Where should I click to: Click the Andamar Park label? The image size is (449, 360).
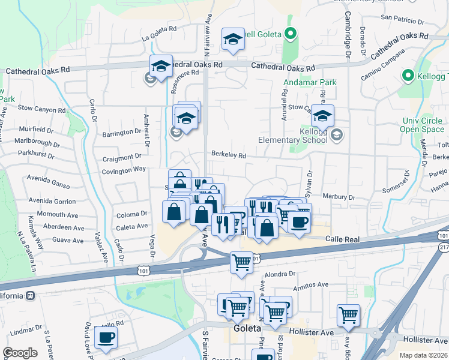click(x=310, y=82)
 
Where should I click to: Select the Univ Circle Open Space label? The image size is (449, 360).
click(x=422, y=124)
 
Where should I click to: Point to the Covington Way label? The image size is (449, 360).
click(x=123, y=169)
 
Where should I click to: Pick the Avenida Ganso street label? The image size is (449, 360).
click(x=48, y=178)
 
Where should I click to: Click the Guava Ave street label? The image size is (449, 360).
click(x=68, y=240)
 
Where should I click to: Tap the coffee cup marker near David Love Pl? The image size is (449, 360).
click(x=106, y=337)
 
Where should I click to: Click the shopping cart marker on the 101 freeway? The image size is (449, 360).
click(x=242, y=261)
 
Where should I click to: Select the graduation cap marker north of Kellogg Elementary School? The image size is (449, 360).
click(x=322, y=115)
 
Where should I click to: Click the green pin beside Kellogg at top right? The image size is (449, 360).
click(x=408, y=76)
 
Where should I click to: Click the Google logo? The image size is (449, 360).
click(x=20, y=353)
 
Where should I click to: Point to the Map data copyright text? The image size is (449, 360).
click(x=423, y=355)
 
